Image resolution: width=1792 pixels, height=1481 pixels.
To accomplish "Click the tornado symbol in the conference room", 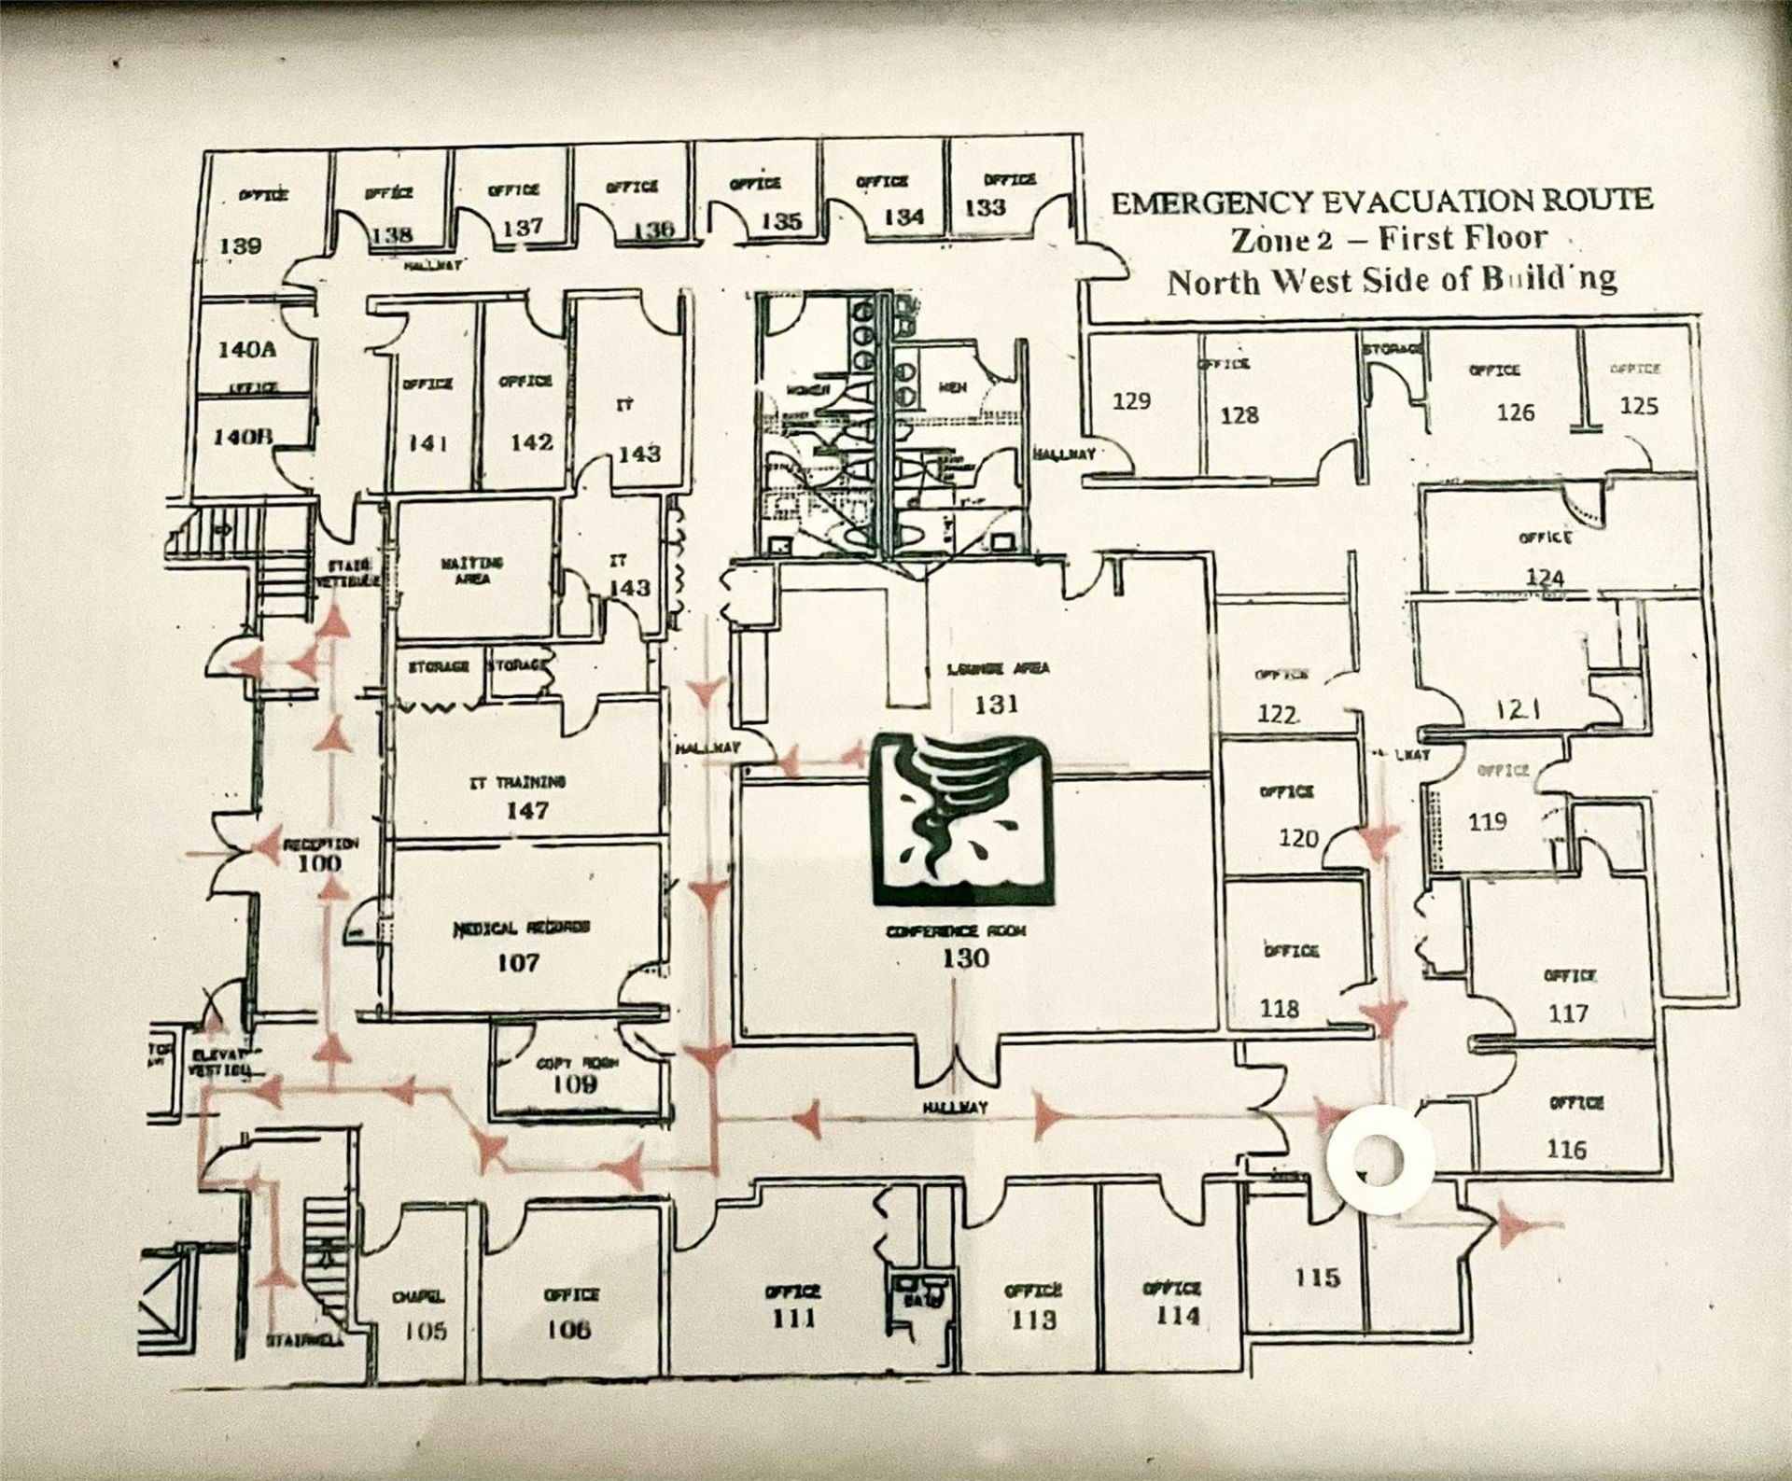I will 960,818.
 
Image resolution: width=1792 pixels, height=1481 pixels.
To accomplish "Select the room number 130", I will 965,958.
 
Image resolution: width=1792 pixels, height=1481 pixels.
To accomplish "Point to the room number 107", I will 518,962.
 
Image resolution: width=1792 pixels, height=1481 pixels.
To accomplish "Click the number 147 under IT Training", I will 527,811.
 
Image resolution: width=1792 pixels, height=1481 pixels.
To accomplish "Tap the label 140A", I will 247,350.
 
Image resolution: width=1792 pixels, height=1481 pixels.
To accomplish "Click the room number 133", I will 985,207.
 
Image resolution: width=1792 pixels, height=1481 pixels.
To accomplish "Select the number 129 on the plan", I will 1131,401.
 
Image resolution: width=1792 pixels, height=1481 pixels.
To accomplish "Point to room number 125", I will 1639,406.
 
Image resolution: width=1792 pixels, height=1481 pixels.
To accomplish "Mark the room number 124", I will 1545,577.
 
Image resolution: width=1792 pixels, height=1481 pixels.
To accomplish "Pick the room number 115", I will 1317,1276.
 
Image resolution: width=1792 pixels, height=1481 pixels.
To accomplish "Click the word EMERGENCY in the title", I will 1209,203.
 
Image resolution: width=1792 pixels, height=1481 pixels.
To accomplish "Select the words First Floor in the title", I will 1463,239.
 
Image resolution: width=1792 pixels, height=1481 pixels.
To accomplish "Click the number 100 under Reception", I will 319,863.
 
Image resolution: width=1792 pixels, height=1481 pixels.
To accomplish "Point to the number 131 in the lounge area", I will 996,705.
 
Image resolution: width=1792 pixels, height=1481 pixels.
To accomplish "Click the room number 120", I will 1298,838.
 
